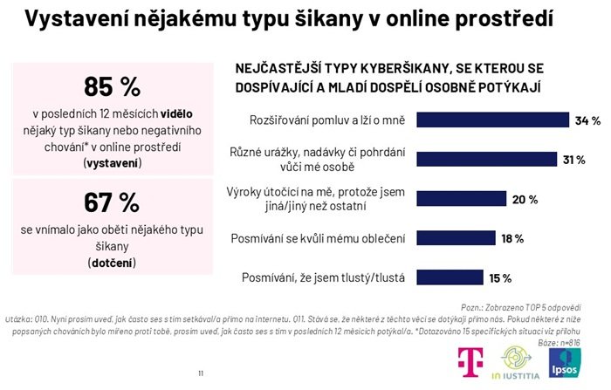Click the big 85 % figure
coord(112,86)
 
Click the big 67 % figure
coord(112,202)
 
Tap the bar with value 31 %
coord(487,159)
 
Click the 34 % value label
coord(587,120)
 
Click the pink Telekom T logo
coord(472,362)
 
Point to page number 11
coord(201,373)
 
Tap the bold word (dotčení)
coord(112,260)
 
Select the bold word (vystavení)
coord(112,162)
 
